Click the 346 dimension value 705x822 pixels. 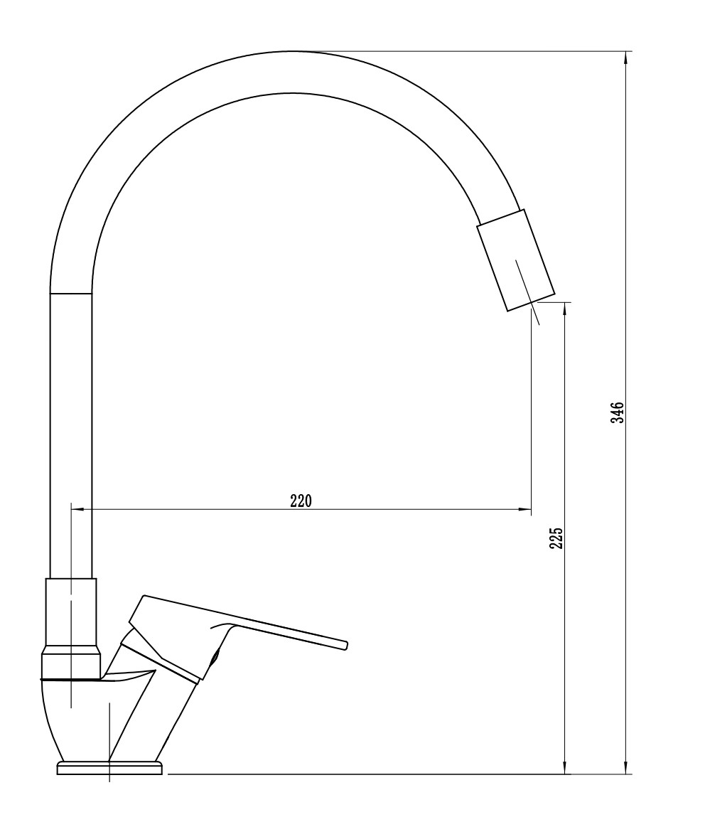coord(618,412)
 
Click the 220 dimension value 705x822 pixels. coord(301,501)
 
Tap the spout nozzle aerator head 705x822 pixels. coord(515,260)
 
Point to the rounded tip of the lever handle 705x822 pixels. coord(345,645)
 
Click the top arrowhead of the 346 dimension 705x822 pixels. coord(626,58)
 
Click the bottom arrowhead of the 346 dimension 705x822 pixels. coord(626,767)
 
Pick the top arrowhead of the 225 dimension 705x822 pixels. coord(564,309)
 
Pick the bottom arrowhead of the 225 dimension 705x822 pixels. coord(564,767)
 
